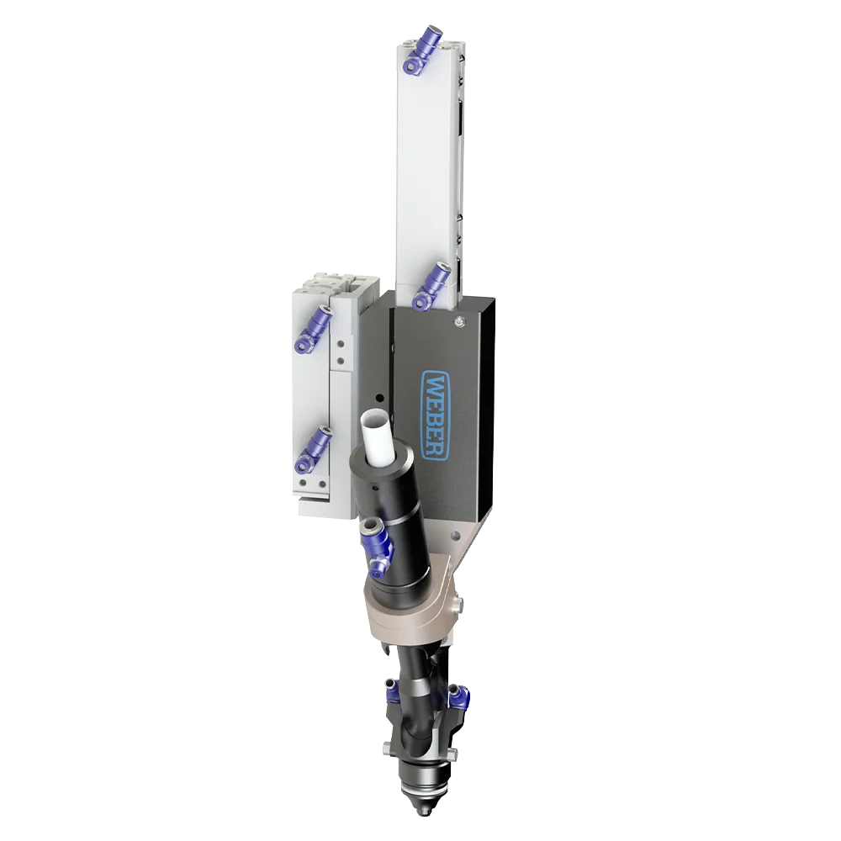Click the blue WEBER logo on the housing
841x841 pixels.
(x=436, y=415)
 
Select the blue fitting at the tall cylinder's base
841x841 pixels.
(x=430, y=287)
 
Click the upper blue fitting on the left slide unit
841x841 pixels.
(x=312, y=330)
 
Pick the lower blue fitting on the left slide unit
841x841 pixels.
(x=312, y=451)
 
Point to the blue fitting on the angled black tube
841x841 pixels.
(x=377, y=548)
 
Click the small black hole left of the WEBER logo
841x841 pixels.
(x=380, y=398)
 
